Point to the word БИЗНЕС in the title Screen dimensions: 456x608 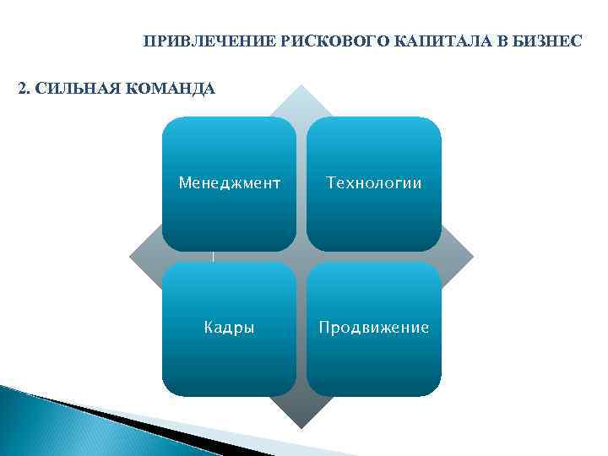[x=551, y=41]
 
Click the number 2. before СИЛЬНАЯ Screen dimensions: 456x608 [x=24, y=87]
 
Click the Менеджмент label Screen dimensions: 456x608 [x=229, y=182]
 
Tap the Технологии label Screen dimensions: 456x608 [x=373, y=182]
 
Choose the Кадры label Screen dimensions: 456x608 [x=229, y=328]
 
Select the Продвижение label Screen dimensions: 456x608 [x=373, y=328]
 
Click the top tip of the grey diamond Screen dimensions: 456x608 [x=301, y=87]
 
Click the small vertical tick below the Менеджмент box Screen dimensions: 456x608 [x=214, y=256]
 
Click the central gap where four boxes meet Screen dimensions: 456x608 [x=301, y=257]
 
